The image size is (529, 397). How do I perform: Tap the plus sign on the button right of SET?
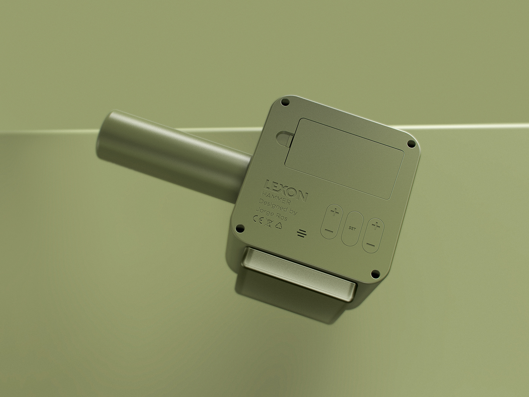point(376,227)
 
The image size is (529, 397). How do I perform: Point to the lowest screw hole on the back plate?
point(374,273)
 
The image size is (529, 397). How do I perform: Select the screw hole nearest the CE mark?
point(239,228)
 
